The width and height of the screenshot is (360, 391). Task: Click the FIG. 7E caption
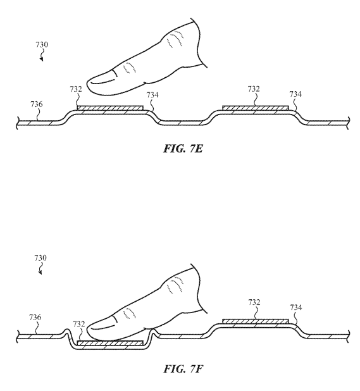click(183, 149)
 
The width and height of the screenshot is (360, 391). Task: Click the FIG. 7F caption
click(183, 369)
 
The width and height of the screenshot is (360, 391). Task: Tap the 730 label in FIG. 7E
click(42, 45)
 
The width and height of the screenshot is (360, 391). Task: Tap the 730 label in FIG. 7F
click(40, 258)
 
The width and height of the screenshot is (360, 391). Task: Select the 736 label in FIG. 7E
click(37, 104)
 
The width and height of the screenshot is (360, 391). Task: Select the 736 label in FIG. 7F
click(35, 318)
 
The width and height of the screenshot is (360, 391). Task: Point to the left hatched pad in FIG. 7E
click(110, 108)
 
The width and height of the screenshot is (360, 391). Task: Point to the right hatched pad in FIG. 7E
click(256, 108)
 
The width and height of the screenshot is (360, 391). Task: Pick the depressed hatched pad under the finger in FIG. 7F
click(110, 343)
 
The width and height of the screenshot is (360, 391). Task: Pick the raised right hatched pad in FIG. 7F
click(256, 321)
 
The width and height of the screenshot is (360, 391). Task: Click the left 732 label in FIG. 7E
click(76, 89)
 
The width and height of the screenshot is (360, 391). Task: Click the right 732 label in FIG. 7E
click(254, 89)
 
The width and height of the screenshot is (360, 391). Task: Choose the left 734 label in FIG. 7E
click(152, 95)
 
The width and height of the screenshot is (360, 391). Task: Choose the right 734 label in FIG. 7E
click(295, 94)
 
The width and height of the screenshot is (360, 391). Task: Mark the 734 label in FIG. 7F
click(296, 307)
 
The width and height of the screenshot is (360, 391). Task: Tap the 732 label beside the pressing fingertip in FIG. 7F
click(79, 324)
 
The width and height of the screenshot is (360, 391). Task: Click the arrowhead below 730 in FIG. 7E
click(42, 59)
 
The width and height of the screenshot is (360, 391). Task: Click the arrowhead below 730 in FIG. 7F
click(40, 273)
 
